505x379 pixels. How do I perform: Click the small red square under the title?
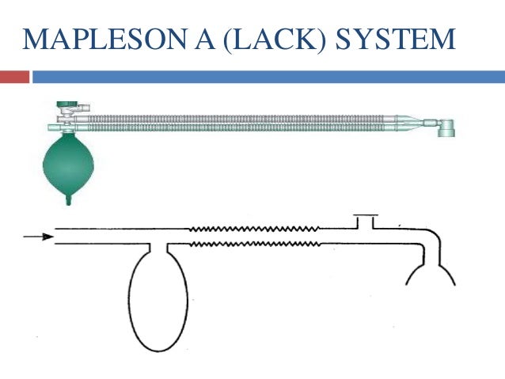pyautogui.click(x=14, y=77)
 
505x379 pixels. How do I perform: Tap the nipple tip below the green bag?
pyautogui.click(x=69, y=202)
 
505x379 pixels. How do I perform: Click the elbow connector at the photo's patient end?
pyautogui.click(x=446, y=127)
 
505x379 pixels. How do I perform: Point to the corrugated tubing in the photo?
pyautogui.click(x=237, y=123)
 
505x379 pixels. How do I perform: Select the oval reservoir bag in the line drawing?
pyautogui.click(x=159, y=300)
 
